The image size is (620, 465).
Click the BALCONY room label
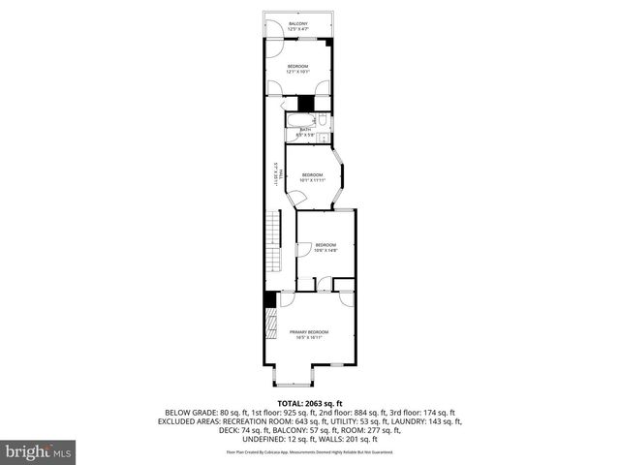click(x=297, y=23)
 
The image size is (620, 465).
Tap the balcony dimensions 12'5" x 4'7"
click(x=297, y=29)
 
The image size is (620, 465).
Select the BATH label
click(x=304, y=129)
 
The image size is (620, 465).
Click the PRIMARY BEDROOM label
click(x=309, y=332)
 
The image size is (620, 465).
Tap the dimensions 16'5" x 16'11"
click(x=309, y=338)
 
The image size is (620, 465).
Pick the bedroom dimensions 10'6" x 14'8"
click(x=325, y=250)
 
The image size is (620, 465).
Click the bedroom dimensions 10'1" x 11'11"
click(x=311, y=180)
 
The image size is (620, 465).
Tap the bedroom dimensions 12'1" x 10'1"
click(x=297, y=72)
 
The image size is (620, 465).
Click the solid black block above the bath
click(x=306, y=103)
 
